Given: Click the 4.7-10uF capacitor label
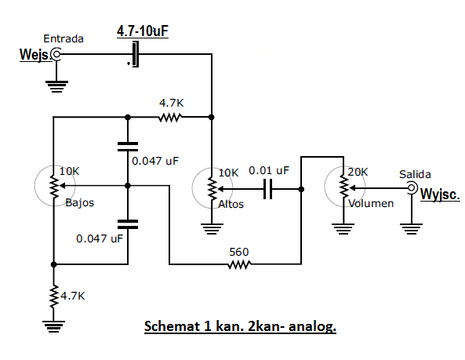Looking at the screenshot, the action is [143, 31].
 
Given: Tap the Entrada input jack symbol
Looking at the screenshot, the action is [56, 54].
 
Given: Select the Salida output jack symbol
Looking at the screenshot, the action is [412, 187].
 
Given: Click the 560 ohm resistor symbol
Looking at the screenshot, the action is [239, 264].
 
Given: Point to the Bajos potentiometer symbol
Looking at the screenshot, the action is [55, 186].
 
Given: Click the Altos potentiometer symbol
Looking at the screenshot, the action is [212, 188].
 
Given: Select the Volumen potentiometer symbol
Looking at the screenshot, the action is [344, 187].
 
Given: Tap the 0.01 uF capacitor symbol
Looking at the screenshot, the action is [268, 189].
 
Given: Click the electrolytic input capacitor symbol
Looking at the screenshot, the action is [135, 54].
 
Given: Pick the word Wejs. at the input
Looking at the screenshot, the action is [34, 55].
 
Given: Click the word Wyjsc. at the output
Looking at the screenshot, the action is [440, 195].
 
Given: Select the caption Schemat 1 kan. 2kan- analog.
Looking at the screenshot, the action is [240, 326].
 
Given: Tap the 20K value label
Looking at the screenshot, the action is [358, 172].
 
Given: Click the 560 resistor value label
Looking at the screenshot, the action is [239, 252].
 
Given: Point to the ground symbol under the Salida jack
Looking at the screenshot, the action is [412, 229].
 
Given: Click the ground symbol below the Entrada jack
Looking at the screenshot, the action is [56, 86].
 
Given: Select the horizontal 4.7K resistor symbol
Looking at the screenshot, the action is [170, 118].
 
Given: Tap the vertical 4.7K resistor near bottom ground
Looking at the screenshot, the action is [53, 296].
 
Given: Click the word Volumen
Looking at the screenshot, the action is [371, 203].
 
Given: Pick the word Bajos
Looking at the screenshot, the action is [79, 203].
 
